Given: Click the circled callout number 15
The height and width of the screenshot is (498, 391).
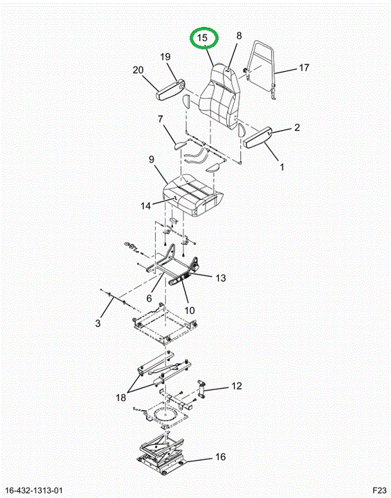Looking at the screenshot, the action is (x=202, y=38).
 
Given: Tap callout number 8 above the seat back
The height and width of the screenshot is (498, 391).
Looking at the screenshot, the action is (x=239, y=35).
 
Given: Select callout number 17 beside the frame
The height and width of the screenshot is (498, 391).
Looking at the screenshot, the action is (x=304, y=67).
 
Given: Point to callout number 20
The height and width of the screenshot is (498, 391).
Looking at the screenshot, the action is (x=138, y=70).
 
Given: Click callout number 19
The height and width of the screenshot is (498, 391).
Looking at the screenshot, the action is (x=165, y=57).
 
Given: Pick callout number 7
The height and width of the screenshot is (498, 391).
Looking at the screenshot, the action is (x=161, y=120).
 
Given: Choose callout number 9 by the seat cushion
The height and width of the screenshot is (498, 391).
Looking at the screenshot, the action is (x=152, y=159).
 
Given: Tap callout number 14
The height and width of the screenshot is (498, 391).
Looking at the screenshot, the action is (x=145, y=206).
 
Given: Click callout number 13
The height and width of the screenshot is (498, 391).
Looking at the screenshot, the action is (x=221, y=278).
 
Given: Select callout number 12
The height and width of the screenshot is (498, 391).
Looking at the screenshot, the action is (x=237, y=386).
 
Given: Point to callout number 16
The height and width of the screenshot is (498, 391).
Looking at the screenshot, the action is (x=220, y=456).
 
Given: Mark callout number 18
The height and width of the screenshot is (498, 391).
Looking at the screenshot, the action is (x=121, y=397).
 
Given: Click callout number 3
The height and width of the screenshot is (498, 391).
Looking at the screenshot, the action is (x=98, y=323).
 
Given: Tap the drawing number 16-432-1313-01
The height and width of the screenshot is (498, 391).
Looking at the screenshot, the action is (x=34, y=490).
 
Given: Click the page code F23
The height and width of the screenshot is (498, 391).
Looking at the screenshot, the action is (x=379, y=490).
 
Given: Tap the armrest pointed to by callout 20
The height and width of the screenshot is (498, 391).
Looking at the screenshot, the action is (x=170, y=90).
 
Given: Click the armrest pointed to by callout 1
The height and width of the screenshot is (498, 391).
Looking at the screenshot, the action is (x=257, y=137).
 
